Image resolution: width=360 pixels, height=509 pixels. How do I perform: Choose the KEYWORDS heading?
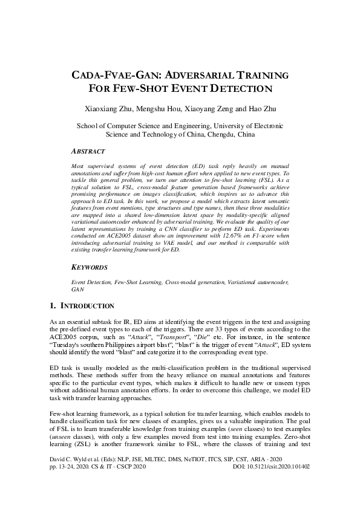click(90, 267)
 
